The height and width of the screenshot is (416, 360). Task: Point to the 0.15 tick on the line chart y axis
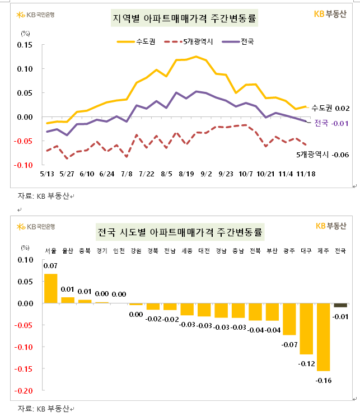coord(25,45)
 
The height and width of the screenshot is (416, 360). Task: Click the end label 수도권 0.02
coord(330,107)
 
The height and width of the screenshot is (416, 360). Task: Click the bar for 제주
coord(323,336)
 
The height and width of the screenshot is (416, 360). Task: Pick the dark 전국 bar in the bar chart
coord(340,305)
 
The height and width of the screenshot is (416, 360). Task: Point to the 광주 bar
coord(289,319)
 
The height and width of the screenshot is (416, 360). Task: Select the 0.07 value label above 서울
coord(50,265)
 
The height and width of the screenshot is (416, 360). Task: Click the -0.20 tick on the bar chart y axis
coord(25,391)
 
